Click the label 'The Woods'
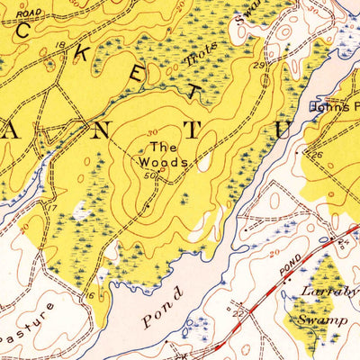click(163, 155)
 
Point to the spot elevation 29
click(258, 67)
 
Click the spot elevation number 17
click(51, 209)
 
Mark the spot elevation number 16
click(90, 294)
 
